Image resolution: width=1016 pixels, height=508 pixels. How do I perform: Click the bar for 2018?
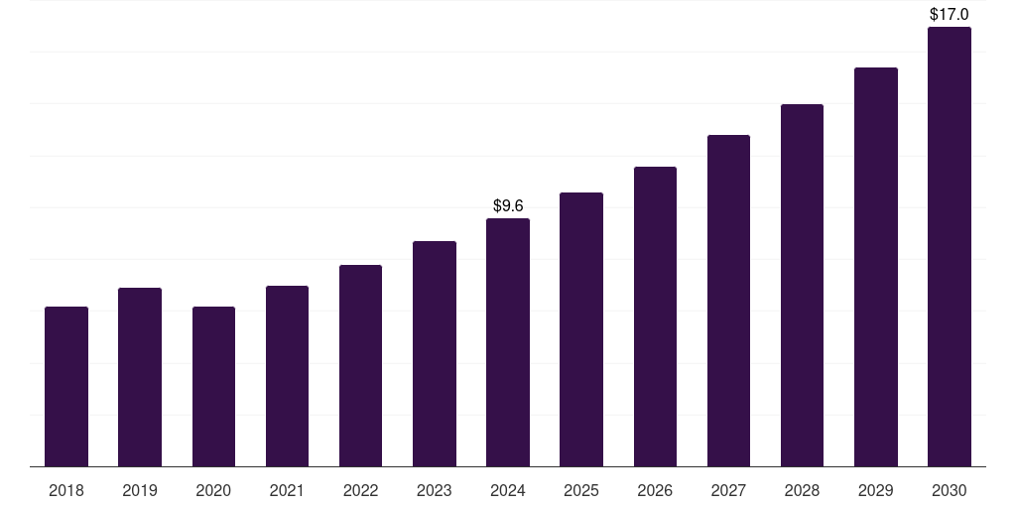click(x=66, y=387)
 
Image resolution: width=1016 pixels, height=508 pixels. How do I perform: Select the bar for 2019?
click(x=140, y=377)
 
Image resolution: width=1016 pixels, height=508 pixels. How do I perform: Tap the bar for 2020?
click(x=213, y=387)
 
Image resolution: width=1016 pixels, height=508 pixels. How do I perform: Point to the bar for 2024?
click(x=508, y=342)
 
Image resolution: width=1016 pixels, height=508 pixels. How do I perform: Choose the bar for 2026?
click(x=655, y=317)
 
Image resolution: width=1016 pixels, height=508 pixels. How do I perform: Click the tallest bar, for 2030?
click(x=950, y=247)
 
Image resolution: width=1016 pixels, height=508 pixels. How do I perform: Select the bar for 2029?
click(x=876, y=267)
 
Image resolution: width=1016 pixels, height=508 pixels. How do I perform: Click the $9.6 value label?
click(x=508, y=206)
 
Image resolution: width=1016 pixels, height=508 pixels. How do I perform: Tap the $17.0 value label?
click(x=950, y=15)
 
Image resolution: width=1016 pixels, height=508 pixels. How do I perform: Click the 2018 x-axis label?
click(x=66, y=490)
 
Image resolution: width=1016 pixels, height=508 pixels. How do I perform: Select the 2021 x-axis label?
click(x=287, y=490)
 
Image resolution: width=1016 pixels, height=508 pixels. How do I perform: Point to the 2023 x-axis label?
click(x=435, y=490)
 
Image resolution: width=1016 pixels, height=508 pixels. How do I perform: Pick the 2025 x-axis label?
click(x=581, y=490)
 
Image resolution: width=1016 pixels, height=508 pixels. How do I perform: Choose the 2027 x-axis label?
click(x=728, y=490)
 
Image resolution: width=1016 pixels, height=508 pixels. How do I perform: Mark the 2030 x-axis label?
click(x=950, y=490)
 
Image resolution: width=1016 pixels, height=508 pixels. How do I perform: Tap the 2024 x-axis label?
click(x=508, y=490)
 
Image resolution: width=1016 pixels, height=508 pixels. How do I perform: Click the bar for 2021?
click(x=287, y=376)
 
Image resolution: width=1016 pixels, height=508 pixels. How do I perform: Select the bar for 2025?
click(x=581, y=329)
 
